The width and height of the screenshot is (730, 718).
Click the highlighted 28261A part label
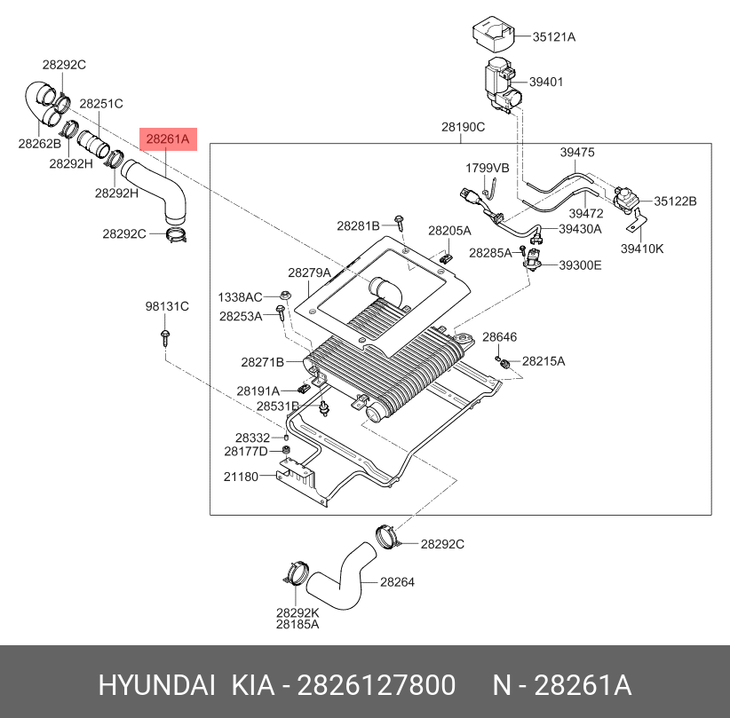[168, 139]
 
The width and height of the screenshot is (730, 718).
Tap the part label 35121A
[554, 36]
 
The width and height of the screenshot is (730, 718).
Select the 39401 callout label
[546, 82]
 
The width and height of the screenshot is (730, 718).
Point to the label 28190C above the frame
[464, 127]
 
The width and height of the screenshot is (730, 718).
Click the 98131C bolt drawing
[165, 338]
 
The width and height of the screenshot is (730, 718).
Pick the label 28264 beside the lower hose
[397, 581]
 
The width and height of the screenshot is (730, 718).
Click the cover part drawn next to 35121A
[494, 34]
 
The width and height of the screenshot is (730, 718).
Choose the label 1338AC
[241, 297]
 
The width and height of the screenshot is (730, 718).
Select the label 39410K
[642, 249]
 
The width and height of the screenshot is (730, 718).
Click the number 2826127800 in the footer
[377, 685]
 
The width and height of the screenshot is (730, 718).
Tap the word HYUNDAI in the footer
[157, 685]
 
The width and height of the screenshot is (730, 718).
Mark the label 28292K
[298, 613]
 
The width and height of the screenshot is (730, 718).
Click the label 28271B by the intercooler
[263, 362]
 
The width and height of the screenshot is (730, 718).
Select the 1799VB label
[488, 168]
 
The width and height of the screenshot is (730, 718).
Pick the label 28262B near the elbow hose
[40, 144]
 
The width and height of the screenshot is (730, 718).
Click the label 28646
[500, 336]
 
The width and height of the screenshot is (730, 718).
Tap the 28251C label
[101, 103]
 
